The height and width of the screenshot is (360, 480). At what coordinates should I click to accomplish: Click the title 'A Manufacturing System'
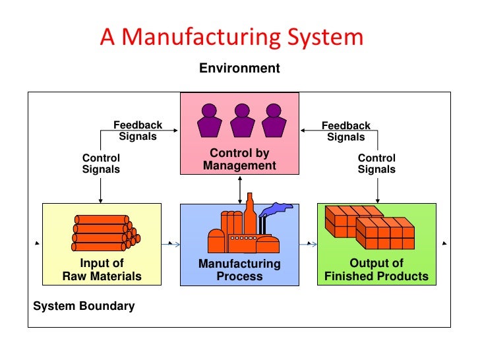tap(231, 37)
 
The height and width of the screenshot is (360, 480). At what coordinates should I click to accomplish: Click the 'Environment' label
tap(239, 69)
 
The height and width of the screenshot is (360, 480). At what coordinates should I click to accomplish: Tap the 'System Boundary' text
tap(84, 306)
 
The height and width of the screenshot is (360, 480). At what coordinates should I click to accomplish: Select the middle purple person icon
tap(242, 119)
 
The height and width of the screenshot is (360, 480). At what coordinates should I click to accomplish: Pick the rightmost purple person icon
tap(274, 119)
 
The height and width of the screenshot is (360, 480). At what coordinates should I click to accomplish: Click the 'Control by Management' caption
tap(239, 160)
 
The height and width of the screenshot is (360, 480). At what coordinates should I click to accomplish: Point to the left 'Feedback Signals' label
tap(138, 131)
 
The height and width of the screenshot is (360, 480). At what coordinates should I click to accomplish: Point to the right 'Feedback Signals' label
tap(345, 131)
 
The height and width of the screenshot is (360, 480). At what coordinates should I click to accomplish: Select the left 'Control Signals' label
tap(101, 164)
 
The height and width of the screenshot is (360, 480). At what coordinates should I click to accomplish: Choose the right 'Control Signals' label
tap(376, 164)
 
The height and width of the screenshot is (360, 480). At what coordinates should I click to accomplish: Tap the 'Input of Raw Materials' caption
tap(102, 270)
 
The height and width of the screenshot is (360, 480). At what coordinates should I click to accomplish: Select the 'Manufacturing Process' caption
tap(239, 270)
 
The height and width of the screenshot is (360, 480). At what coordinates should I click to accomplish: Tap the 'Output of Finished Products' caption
tap(376, 270)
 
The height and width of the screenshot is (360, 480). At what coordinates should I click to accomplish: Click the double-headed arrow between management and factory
tap(239, 191)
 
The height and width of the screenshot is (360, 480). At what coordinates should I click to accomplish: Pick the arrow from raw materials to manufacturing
tap(171, 244)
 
